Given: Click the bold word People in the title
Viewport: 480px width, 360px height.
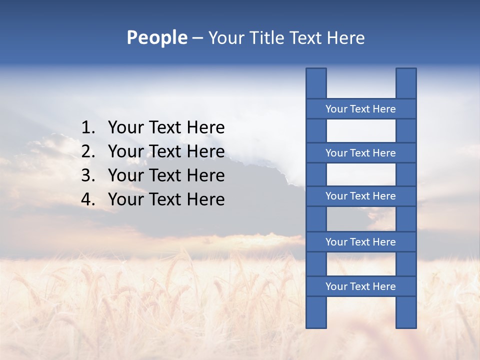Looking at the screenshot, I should coord(156,37).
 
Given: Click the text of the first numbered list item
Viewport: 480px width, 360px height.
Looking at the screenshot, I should coord(166,128).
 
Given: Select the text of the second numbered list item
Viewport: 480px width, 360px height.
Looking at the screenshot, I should coord(166,151).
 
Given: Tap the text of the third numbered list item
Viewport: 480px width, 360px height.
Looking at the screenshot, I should coord(166,175).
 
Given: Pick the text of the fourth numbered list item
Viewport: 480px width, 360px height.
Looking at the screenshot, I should coord(166,199).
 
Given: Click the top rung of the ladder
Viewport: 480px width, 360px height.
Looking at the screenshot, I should coord(360,109).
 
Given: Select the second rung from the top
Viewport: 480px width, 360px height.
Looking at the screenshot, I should coord(360,153).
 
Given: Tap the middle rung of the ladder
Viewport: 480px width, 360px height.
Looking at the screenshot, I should coord(360,196).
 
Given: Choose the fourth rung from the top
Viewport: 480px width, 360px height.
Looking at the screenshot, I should coord(360,242).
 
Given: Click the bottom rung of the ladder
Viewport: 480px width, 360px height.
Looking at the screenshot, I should coord(360,286).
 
